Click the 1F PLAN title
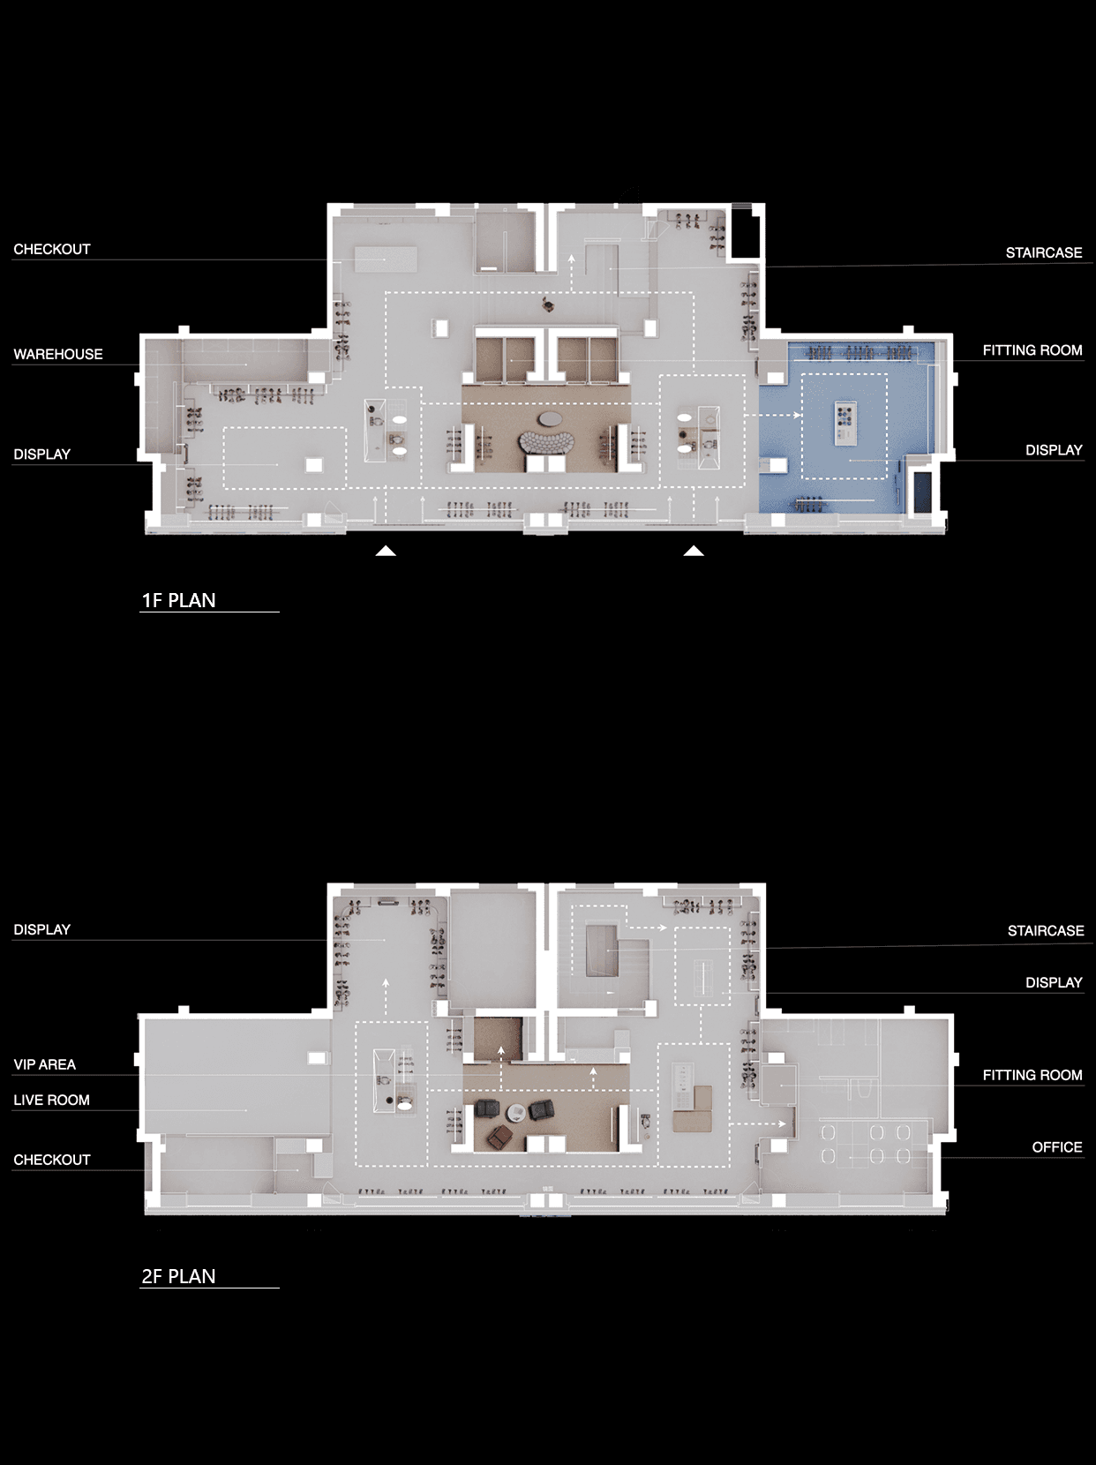[179, 600]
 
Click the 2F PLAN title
[179, 1276]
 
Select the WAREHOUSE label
[58, 355]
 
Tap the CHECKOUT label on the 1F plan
[52, 249]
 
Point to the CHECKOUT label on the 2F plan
[52, 1160]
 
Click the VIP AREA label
[45, 1064]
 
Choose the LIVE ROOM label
[51, 1100]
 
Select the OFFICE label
[1056, 1146]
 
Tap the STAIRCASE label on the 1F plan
[1044, 252]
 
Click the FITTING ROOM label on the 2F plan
[1032, 1075]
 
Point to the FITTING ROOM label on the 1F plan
[1032, 349]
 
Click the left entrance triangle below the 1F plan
[386, 552]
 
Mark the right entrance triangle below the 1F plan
[694, 552]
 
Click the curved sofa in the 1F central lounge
[546, 442]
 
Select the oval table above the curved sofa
[551, 419]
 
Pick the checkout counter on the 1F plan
[386, 259]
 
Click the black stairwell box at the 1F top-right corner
[747, 231]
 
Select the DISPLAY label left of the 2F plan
[42, 929]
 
